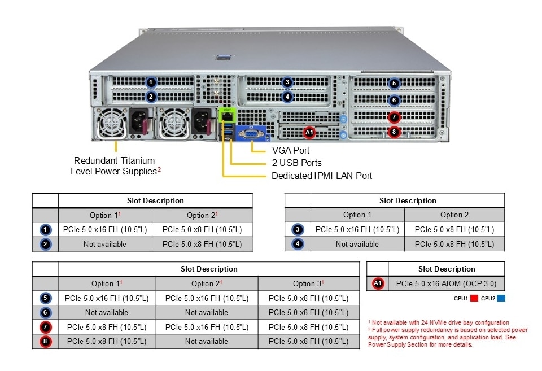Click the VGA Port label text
tap(291, 150)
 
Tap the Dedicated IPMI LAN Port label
tap(322, 176)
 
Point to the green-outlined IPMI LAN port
tap(227, 115)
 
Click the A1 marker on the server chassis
tap(308, 133)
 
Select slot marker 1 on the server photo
tap(150, 82)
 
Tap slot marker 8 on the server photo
tap(394, 133)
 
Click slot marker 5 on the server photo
tap(394, 83)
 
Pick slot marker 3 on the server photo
tap(287, 82)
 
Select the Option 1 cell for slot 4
tap(357, 244)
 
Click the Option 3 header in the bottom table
tap(308, 283)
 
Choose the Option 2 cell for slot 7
tap(207, 327)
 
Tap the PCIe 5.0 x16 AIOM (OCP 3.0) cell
tap(447, 283)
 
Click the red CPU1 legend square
tap(474, 298)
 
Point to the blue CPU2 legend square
tap(501, 298)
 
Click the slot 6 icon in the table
tap(46, 312)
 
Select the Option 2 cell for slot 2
tap(202, 244)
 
